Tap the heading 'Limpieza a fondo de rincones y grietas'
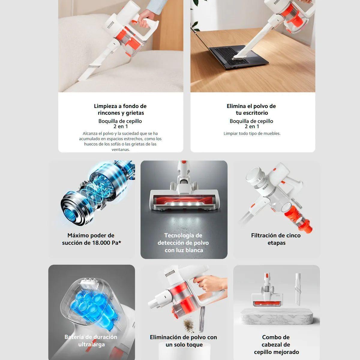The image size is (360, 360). (x=120, y=109)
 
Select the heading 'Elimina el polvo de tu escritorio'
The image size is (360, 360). (x=251, y=109)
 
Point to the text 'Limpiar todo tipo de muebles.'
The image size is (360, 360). (x=252, y=133)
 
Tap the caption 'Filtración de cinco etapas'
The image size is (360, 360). (x=276, y=239)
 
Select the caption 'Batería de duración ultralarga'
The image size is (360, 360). (x=91, y=341)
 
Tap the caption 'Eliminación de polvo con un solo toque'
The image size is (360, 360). (x=183, y=341)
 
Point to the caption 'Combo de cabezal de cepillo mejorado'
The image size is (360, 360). (x=276, y=345)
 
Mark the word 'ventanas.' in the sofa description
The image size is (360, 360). (x=121, y=149)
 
